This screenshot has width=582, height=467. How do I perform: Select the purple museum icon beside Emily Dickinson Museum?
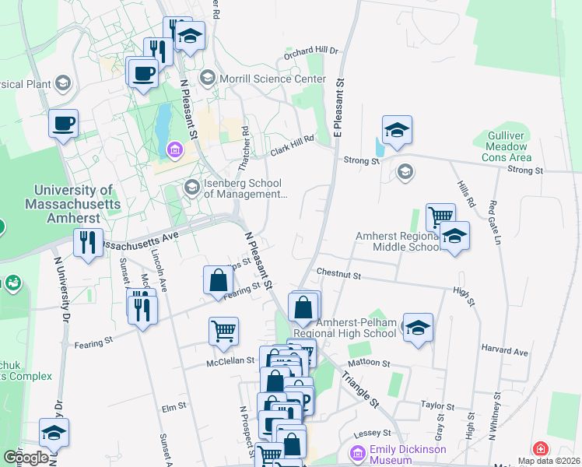[358, 452]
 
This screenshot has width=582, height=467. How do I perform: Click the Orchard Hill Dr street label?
[311, 51]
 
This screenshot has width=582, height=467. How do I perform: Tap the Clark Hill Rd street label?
[291, 146]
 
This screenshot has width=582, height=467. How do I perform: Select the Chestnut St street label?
[339, 275]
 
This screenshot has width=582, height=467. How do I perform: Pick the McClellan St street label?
[230, 360]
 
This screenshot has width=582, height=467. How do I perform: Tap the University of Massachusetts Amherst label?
[73, 204]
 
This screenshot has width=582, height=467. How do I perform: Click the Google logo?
[26, 457]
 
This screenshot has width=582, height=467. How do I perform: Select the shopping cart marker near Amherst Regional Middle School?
[440, 217]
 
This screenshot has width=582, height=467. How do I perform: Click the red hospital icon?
[540, 450]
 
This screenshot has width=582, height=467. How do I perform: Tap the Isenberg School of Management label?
[244, 189]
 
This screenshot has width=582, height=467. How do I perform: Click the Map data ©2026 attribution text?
[548, 461]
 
